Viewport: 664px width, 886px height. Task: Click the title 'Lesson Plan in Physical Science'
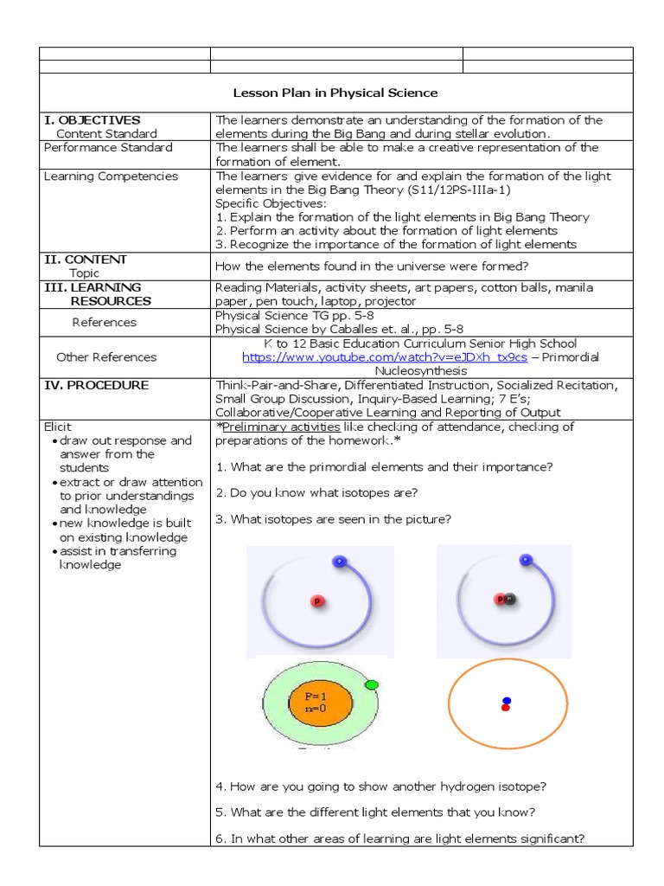click(x=335, y=93)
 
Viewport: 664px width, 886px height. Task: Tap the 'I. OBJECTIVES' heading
click(x=93, y=120)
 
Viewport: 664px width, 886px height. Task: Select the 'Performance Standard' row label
click(x=108, y=148)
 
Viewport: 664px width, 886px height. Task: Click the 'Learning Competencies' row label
click(x=111, y=177)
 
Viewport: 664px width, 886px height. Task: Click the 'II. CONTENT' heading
click(x=86, y=260)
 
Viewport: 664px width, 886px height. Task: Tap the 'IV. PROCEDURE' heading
click(x=96, y=385)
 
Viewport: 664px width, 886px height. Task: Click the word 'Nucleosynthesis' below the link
click(x=422, y=370)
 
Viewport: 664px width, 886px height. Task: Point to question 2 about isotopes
click(x=316, y=492)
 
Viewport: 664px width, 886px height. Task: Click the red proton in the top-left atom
click(x=317, y=600)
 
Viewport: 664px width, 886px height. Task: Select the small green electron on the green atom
click(x=372, y=684)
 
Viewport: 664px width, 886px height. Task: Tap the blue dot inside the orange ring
click(x=507, y=700)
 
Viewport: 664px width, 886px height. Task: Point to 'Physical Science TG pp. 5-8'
click(x=283, y=316)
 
